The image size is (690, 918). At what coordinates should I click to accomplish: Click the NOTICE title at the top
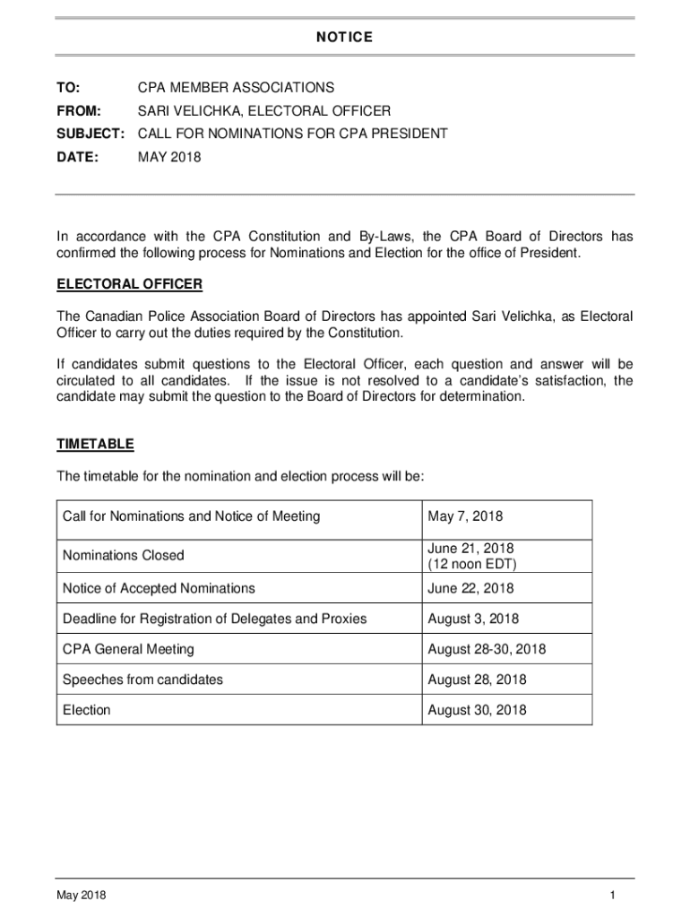click(x=343, y=37)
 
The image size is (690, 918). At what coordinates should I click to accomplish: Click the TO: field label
click(x=68, y=88)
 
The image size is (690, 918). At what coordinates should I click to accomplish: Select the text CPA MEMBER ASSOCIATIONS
click(x=236, y=88)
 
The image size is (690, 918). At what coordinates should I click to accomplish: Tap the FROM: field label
click(x=79, y=111)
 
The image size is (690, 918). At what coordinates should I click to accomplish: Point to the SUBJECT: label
click(x=91, y=134)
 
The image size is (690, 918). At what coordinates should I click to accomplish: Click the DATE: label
click(x=78, y=158)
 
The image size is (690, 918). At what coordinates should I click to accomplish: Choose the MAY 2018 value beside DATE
click(x=169, y=158)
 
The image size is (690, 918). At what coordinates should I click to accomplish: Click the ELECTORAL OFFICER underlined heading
click(x=130, y=285)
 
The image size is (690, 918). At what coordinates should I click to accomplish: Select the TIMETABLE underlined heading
click(x=96, y=445)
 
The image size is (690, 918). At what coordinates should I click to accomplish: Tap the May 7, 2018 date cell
click(x=466, y=516)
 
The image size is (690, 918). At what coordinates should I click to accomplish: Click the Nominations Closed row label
click(x=124, y=556)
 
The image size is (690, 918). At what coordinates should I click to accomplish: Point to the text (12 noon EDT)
click(x=472, y=564)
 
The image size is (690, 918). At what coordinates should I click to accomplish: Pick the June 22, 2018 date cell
click(x=471, y=588)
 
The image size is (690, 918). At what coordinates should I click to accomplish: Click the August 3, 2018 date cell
click(x=473, y=619)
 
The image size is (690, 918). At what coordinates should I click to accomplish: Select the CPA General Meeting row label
click(x=128, y=649)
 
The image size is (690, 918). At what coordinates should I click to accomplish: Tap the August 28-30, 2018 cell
click(x=487, y=649)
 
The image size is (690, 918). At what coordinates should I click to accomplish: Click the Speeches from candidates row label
click(x=142, y=680)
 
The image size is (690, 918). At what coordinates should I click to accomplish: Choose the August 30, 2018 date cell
click(x=477, y=710)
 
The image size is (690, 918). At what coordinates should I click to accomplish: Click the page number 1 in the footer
click(x=611, y=896)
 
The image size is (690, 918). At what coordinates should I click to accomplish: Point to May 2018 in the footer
click(x=81, y=896)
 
